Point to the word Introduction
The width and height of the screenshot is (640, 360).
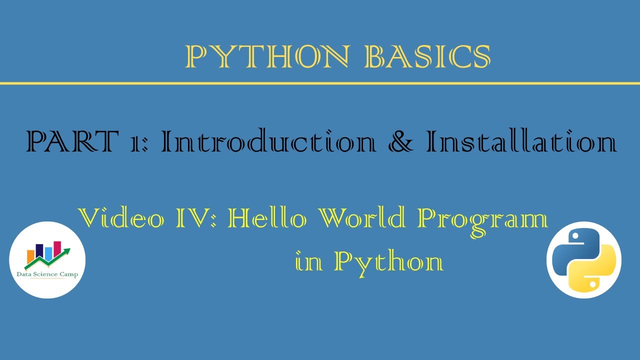click(268, 142)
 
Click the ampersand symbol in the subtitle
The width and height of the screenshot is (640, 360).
click(400, 142)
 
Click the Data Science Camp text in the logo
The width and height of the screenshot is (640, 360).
click(47, 274)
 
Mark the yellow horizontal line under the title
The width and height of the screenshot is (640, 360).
click(320, 82)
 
